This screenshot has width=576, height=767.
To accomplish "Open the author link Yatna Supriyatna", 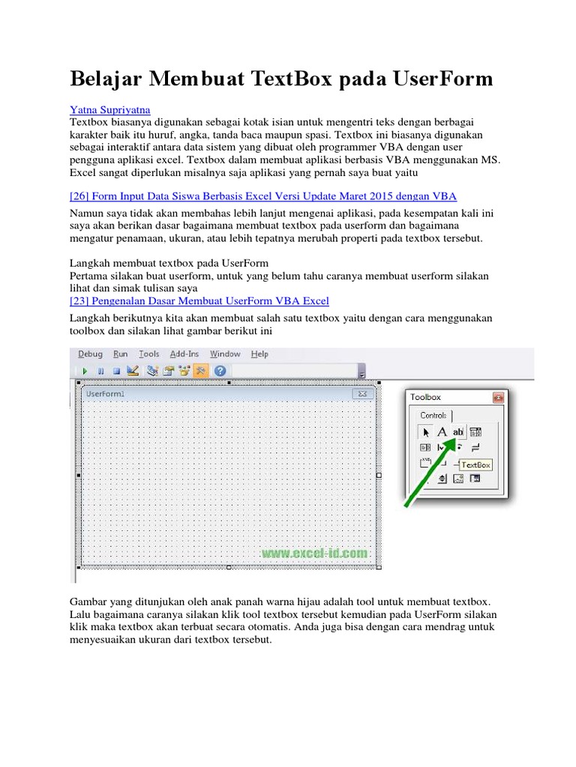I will point(110,109).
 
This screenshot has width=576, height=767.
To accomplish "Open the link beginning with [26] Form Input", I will point(263,196).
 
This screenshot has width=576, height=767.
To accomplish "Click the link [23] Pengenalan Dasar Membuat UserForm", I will point(199,301).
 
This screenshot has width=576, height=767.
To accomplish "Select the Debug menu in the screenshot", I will point(90,354).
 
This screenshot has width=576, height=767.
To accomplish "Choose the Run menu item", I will point(121,354).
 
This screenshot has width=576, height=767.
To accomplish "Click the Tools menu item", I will point(149,354).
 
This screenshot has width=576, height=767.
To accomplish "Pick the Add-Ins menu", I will point(184,354).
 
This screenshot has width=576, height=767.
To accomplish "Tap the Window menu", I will point(225,354).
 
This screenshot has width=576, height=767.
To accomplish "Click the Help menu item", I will point(259,354).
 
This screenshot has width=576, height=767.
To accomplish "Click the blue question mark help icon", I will point(220,371).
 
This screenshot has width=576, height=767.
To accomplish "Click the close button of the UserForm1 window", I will point(361,393).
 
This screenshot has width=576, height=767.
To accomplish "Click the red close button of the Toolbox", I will point(497,398).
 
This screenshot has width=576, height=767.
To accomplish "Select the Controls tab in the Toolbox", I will point(433,416).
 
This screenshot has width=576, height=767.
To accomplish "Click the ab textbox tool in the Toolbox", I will point(458,431).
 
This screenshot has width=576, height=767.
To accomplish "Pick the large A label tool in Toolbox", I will point(442,431).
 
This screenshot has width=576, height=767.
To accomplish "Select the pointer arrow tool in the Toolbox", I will point(425,432).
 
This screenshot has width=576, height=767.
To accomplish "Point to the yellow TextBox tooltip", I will point(475,464).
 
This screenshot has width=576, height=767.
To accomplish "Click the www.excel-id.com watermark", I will point(315,554).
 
